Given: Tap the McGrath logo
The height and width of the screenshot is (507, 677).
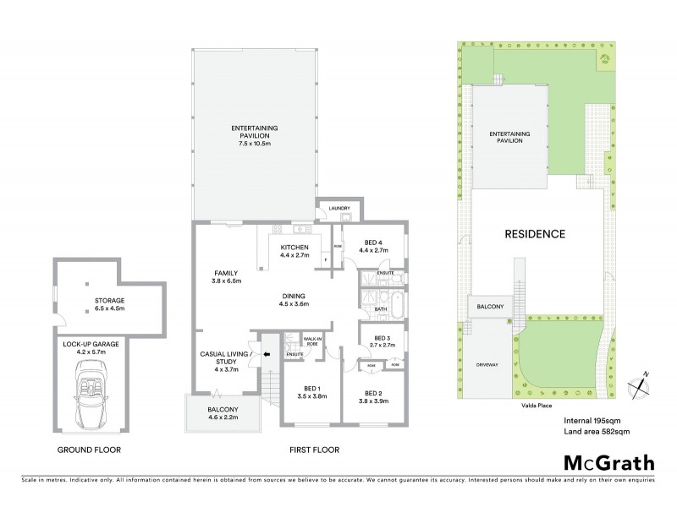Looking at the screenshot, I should (x=608, y=462).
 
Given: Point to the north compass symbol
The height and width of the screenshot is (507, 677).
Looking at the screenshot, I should (x=641, y=383).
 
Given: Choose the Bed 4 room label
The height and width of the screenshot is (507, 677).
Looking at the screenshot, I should (x=372, y=246).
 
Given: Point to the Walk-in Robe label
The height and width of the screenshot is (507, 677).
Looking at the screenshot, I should (x=312, y=341).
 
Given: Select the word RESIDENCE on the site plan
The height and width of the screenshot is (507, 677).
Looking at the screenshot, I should (x=535, y=234).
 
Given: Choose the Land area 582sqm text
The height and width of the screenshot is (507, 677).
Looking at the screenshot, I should (x=597, y=432).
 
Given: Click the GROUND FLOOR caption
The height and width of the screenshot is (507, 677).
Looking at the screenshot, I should (x=86, y=450).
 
